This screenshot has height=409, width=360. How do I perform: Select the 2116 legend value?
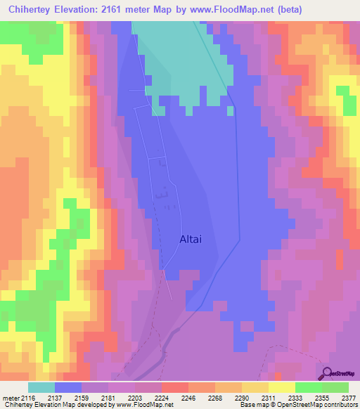pyautogui.click(x=29, y=398)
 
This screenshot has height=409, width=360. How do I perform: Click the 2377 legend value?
pyautogui.click(x=347, y=398)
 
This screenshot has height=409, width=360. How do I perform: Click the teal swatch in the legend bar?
pyautogui.click(x=41, y=387)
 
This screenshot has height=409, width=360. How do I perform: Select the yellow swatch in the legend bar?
pyautogui.click(x=281, y=387)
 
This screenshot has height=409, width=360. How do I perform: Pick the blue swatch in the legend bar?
pyautogui.click(x=68, y=387)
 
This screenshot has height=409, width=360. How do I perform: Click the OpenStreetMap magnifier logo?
pyautogui.click(x=327, y=373)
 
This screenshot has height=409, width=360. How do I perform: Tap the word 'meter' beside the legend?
pyautogui.click(x=11, y=398)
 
